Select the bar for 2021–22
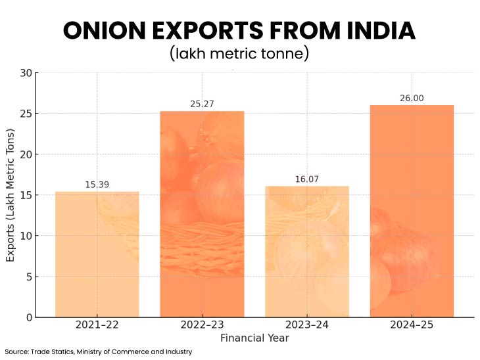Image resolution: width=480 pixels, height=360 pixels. [x=97, y=254]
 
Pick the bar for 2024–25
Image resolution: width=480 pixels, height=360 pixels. [x=412, y=211]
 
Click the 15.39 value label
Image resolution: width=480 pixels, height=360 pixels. [x=97, y=185]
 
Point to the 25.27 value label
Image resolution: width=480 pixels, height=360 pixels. [x=202, y=104]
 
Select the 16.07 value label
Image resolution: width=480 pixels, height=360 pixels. [x=307, y=179]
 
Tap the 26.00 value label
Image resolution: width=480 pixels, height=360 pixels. [x=412, y=98]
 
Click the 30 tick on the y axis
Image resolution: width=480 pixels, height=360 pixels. [x=26, y=73]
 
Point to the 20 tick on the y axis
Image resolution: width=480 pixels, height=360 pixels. [x=26, y=154]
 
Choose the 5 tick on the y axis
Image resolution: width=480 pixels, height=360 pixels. [x=28, y=277]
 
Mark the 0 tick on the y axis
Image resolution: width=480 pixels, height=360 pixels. [x=28, y=317]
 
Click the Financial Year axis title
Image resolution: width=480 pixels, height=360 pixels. [x=254, y=338]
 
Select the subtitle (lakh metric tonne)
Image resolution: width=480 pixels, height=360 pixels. [x=239, y=53]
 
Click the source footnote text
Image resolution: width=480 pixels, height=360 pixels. [x=98, y=351]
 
